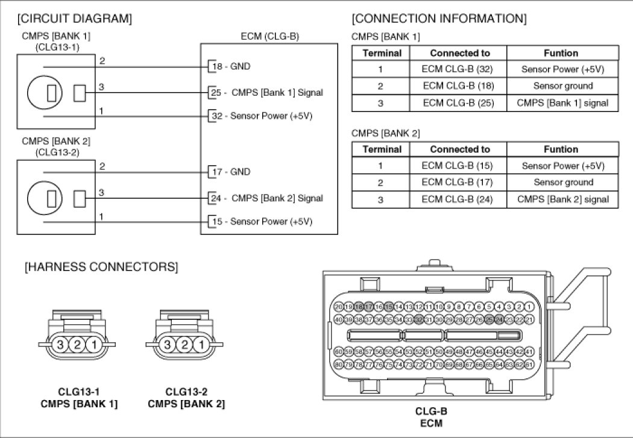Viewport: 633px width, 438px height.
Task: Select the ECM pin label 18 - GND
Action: click(x=230, y=66)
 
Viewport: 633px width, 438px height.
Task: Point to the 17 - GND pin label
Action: click(x=230, y=172)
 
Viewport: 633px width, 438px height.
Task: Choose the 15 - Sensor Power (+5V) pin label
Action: click(x=261, y=221)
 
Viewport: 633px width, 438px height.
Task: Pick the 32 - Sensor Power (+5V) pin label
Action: click(x=261, y=115)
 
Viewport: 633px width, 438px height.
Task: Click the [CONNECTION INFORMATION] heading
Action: click(x=439, y=19)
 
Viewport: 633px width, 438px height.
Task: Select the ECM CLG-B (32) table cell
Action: click(x=460, y=69)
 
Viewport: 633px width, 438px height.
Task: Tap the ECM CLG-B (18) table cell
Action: click(x=460, y=86)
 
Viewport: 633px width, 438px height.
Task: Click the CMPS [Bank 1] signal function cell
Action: click(x=562, y=103)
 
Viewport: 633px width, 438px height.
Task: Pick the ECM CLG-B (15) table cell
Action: click(x=460, y=166)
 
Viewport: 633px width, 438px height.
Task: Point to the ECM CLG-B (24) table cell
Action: click(x=460, y=199)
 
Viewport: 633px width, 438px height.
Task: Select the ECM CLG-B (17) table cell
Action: click(x=460, y=183)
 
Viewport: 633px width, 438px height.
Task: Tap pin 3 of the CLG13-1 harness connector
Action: click(x=60, y=345)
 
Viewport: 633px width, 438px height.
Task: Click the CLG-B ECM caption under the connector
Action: click(x=430, y=417)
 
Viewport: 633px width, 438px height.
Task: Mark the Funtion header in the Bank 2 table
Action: click(x=562, y=149)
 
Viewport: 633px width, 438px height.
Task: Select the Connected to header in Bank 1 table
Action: click(x=460, y=53)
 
